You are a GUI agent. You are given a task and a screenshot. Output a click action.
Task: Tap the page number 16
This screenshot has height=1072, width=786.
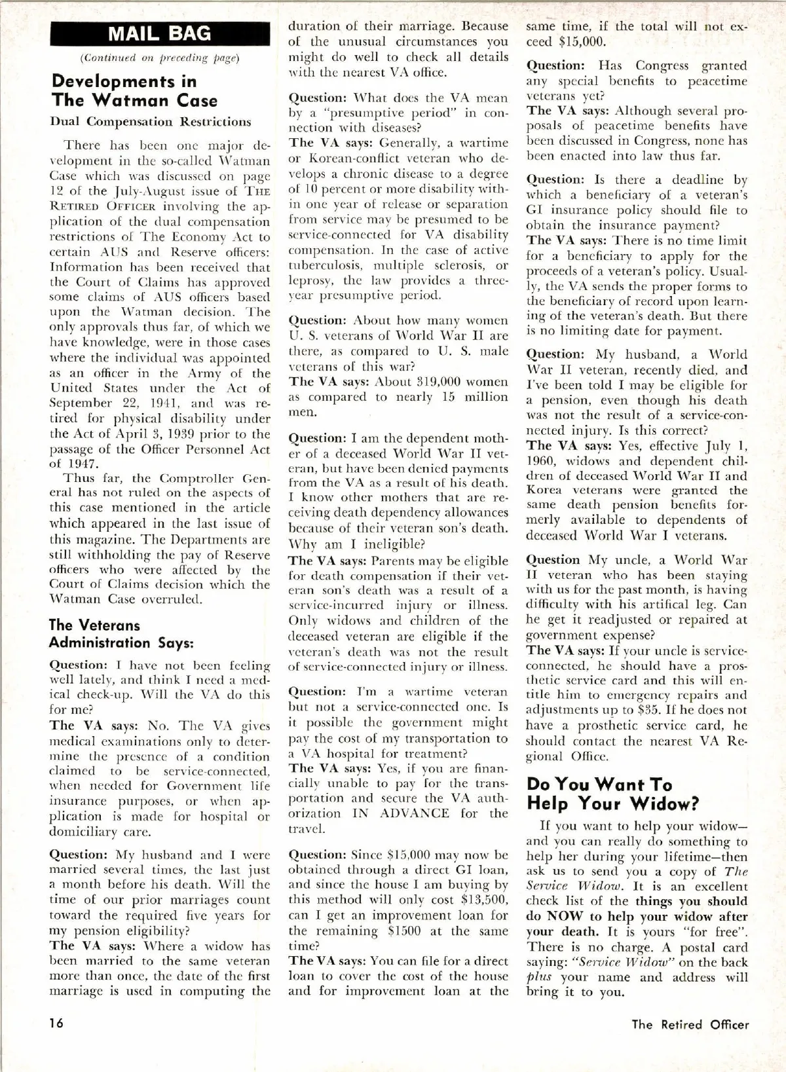coord(57,1024)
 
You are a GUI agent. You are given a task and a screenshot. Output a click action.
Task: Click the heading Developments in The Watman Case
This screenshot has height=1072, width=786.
coord(134,91)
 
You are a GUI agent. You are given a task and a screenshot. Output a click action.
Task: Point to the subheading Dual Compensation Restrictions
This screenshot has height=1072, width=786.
coord(150,122)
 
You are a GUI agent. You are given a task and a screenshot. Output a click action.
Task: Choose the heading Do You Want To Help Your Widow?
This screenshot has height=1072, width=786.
coord(612,794)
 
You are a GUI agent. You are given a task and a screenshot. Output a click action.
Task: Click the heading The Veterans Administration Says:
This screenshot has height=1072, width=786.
coord(121,634)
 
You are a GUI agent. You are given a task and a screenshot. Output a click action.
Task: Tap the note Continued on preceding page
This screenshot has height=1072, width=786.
coord(160,58)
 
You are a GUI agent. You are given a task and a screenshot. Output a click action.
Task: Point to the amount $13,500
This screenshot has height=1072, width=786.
coord(485,900)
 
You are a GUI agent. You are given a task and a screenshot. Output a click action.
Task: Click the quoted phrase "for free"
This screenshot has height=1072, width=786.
coord(718,932)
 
